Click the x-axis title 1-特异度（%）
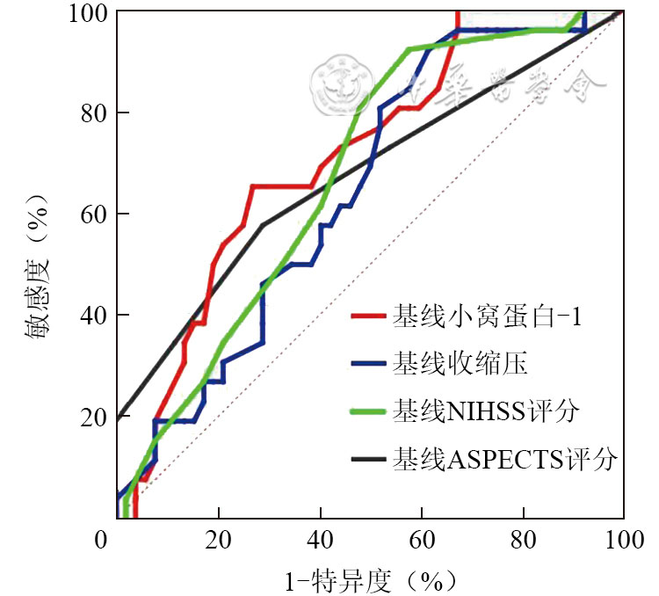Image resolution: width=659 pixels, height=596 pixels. tap(370, 579)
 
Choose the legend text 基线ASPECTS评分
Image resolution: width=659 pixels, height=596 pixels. tap(506, 458)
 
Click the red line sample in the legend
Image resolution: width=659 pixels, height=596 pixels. tap(368, 316)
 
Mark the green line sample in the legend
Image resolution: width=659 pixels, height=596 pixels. tap(368, 411)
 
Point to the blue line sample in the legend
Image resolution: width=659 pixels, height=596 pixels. tap(368, 363)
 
